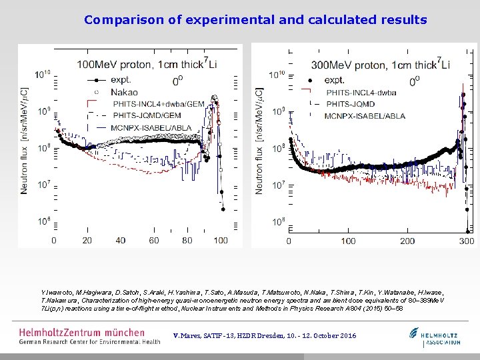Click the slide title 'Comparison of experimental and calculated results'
click(255, 19)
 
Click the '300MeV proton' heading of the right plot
click(345, 65)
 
